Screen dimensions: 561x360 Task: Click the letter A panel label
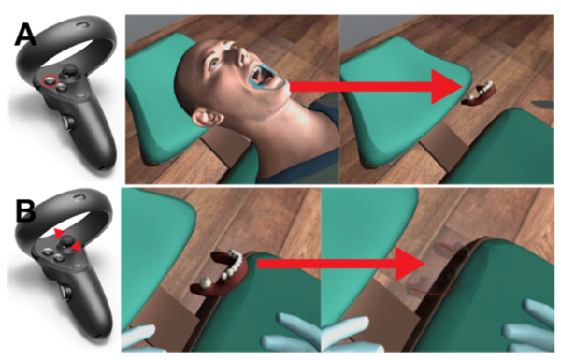(25, 35)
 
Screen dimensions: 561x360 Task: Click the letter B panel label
(26, 211)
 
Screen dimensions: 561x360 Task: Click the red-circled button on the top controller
(50, 80)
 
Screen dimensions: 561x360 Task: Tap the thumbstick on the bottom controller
(65, 241)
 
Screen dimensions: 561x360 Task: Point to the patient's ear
(205, 118)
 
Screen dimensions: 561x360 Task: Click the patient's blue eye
(214, 64)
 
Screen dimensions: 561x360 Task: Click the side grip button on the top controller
(68, 122)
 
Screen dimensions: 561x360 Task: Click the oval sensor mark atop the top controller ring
(83, 25)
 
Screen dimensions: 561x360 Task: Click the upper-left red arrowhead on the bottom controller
(59, 233)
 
